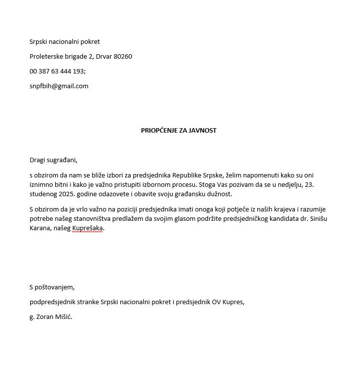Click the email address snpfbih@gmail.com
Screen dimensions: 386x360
[59, 86]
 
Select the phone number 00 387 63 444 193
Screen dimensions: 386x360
[57, 71]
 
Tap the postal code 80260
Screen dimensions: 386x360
[123, 56]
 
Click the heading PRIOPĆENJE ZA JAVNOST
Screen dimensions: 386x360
[179, 131]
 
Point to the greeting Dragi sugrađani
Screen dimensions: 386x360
[53, 160]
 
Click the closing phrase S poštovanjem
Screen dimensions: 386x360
[52, 287]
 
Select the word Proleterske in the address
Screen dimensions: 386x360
[46, 56]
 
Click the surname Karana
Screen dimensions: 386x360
[40, 228]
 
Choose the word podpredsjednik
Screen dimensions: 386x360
[52, 302]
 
